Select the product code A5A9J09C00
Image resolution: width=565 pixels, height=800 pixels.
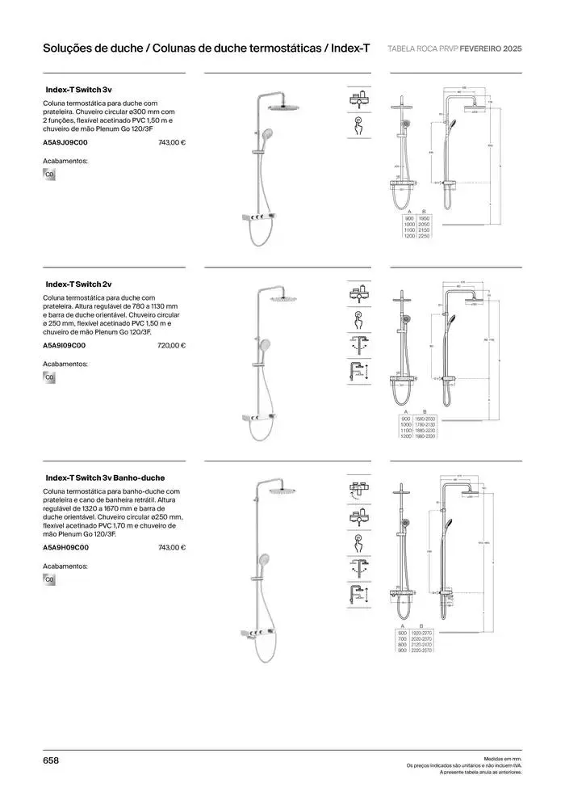click(65, 142)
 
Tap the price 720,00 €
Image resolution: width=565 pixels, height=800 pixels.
click(171, 345)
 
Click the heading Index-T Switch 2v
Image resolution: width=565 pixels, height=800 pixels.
click(77, 284)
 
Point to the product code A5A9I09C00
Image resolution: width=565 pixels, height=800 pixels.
click(64, 345)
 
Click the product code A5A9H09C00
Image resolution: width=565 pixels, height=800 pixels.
click(65, 547)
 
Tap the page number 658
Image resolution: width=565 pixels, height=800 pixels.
click(51, 760)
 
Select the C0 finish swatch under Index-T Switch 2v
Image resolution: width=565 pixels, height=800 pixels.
click(49, 377)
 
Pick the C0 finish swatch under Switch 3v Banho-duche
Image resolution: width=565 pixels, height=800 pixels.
click(49, 579)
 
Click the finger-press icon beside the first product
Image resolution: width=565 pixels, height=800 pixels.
click(357, 124)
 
